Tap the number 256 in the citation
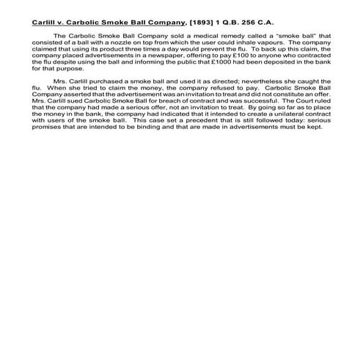click(235, 22)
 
